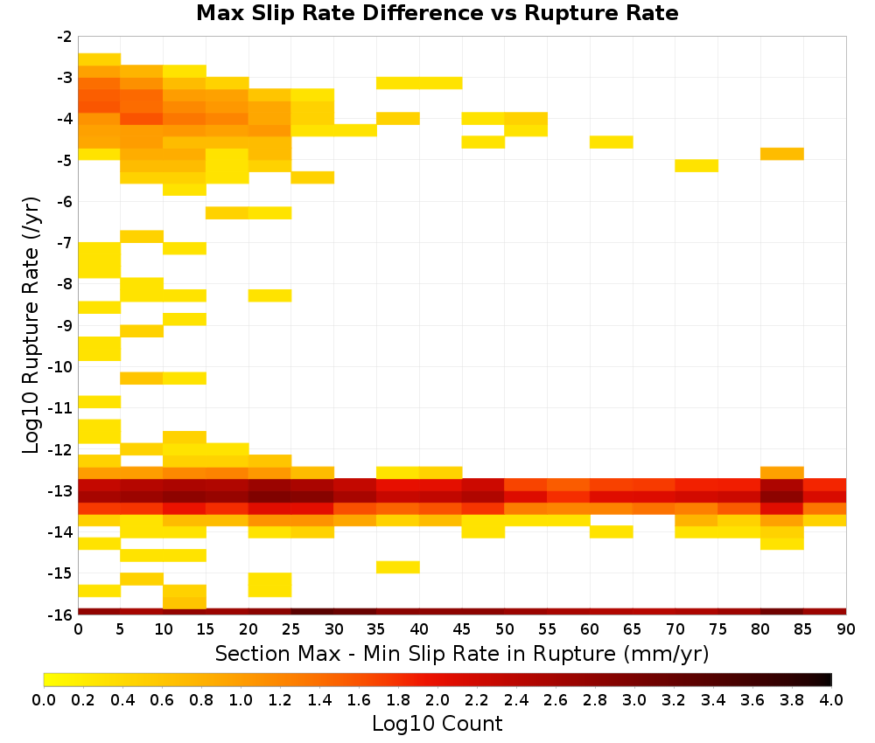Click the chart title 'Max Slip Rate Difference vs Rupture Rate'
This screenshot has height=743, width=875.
point(437,13)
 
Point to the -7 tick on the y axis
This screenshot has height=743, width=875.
point(65,242)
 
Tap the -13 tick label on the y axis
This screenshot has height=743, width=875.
point(61,490)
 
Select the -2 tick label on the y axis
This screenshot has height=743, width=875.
point(65,37)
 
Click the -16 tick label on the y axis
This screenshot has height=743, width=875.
point(61,615)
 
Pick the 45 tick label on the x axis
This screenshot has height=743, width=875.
point(461,629)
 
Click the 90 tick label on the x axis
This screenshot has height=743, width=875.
point(846,629)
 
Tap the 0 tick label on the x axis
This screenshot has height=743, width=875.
point(78,629)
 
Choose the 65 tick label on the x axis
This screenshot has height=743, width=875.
point(633,629)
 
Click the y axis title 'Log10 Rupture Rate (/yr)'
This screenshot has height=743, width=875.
point(31,325)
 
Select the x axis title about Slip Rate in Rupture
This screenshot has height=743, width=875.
point(462,653)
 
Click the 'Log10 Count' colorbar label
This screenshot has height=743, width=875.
point(437,724)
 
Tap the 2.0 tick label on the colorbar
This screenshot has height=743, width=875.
point(437,699)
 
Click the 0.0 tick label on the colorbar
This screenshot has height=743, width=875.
point(44,699)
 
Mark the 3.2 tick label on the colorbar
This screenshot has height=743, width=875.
point(674,699)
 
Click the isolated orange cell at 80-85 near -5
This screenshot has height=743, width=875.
point(781,154)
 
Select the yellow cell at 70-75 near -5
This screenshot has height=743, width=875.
point(696,165)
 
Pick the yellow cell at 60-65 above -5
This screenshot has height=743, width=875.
point(611,142)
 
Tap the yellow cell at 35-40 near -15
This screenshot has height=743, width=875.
point(398,566)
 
